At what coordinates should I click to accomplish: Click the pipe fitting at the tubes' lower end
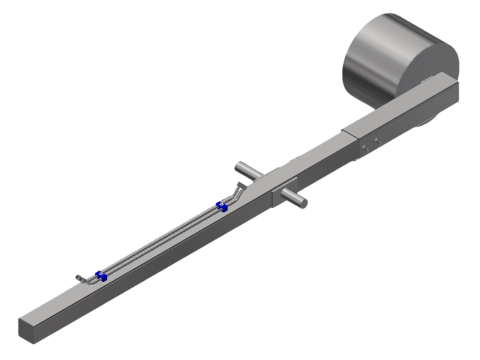pyautogui.click(x=79, y=278)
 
